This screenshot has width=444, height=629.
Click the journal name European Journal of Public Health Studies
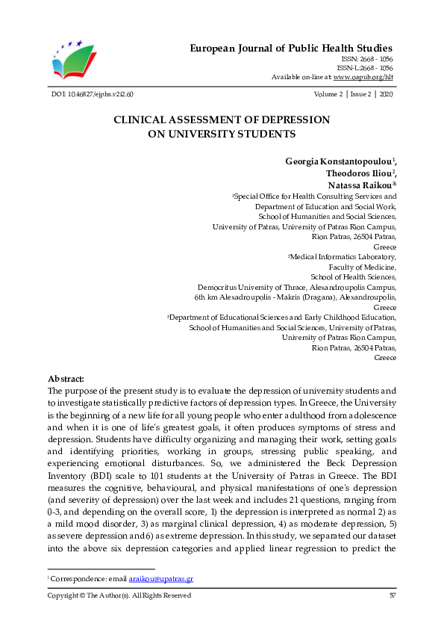[290, 49]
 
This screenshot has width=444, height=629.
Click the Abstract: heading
[66, 379]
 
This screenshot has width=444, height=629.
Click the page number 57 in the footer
[393, 595]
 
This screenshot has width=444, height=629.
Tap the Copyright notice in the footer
[119, 595]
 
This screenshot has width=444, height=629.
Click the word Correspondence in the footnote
[74, 579]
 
